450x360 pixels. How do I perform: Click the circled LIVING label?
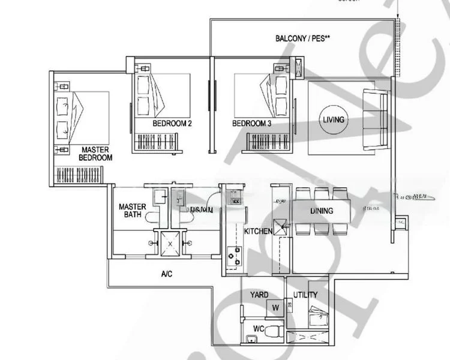[334, 119]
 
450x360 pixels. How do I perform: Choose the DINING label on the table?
[322, 211]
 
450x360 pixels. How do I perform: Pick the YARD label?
[259, 295]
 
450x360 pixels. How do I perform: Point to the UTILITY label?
[305, 295]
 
